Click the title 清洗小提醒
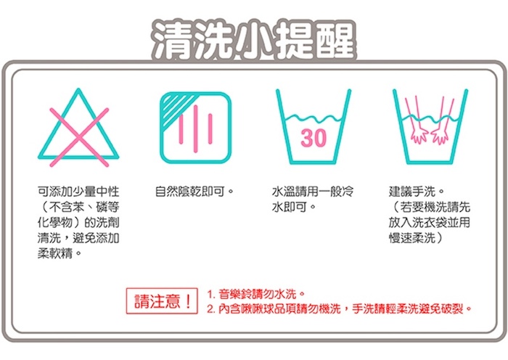[x=254, y=40]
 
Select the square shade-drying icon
[x=196, y=128]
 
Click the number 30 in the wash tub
[x=314, y=138]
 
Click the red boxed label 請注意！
[x=162, y=301]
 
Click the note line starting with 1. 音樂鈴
[x=256, y=294]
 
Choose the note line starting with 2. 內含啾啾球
[x=340, y=308]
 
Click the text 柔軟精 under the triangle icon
[x=54, y=253]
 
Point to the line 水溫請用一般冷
[x=313, y=192]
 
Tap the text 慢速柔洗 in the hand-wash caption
[x=412, y=238]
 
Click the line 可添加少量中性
[x=78, y=192]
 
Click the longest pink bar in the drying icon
[x=195, y=128]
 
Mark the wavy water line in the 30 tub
[x=314, y=118]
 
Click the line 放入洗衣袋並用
[x=430, y=222]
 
